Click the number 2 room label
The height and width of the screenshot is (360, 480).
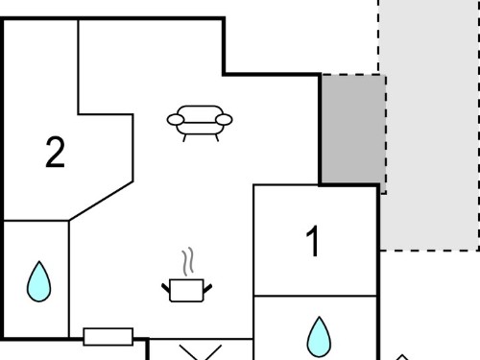tap(55, 152)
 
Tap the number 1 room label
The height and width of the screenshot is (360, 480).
tap(313, 241)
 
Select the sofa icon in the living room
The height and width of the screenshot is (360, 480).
tap(200, 123)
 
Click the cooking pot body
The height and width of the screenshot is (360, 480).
tap(186, 291)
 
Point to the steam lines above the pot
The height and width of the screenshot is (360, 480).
tap(188, 261)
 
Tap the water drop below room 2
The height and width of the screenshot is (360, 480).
tap(38, 282)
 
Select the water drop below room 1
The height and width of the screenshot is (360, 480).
tap(319, 337)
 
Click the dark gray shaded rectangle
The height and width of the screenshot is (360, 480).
tap(353, 130)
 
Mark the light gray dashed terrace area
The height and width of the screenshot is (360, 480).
tap(430, 125)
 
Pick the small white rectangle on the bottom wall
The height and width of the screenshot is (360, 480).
tap(108, 337)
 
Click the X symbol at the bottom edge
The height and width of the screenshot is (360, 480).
tap(201, 352)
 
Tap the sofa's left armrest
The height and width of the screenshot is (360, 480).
tap(176, 120)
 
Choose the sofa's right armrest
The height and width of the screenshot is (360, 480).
tap(224, 120)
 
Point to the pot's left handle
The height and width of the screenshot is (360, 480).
tap(166, 288)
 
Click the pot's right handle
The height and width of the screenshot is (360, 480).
tap(207, 288)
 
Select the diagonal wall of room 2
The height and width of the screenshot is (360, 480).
tap(101, 201)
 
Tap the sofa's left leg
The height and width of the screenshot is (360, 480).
tap(184, 138)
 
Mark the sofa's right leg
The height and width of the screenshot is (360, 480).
tap(217, 138)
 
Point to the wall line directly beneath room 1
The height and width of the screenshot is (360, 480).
tap(315, 296)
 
